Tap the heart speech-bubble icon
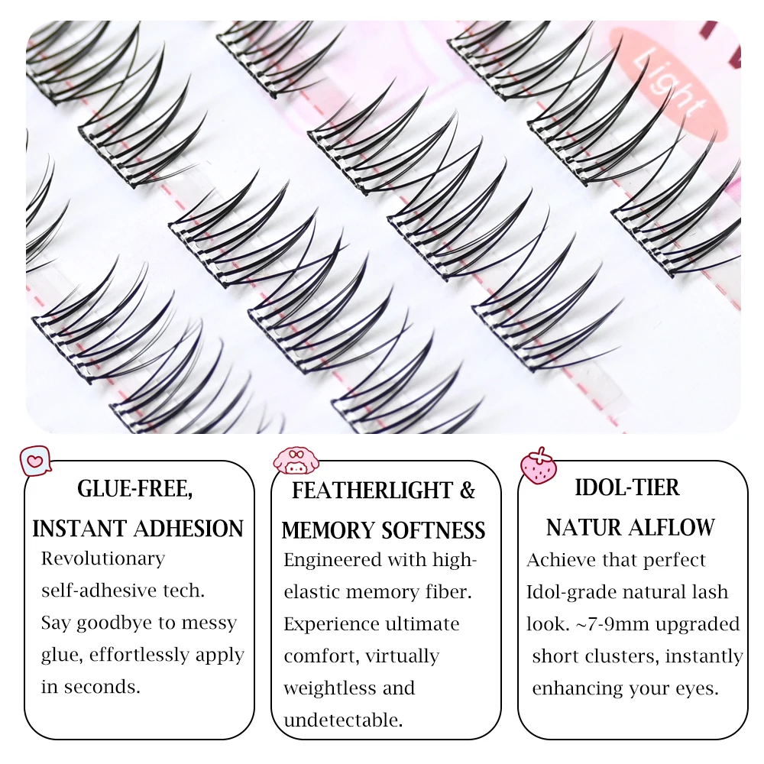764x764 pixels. [x=35, y=461]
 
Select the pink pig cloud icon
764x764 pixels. [x=296, y=461]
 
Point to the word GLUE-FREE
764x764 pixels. [x=135, y=489]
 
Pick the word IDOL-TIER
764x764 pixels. [x=628, y=487]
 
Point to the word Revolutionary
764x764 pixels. [x=103, y=558]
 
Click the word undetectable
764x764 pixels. [x=343, y=720]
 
